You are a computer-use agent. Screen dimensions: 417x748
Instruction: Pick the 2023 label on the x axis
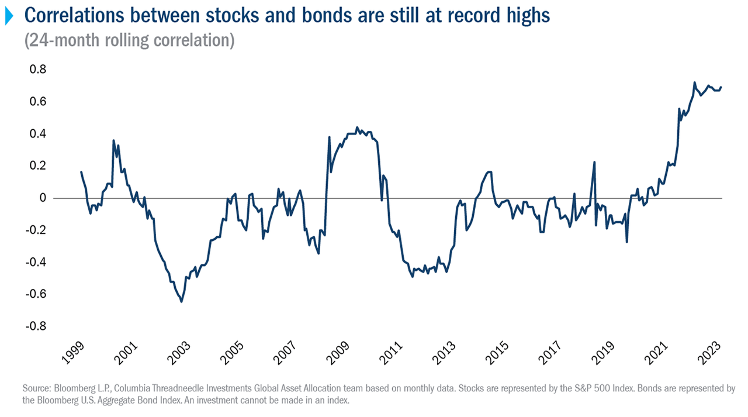coord(711,355)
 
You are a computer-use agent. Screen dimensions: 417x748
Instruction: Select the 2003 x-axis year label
coord(180,355)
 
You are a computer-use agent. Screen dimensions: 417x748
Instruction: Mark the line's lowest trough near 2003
coord(181,301)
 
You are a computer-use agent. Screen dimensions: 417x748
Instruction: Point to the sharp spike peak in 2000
coord(113,140)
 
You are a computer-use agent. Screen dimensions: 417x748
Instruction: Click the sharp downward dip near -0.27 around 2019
coord(626,242)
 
